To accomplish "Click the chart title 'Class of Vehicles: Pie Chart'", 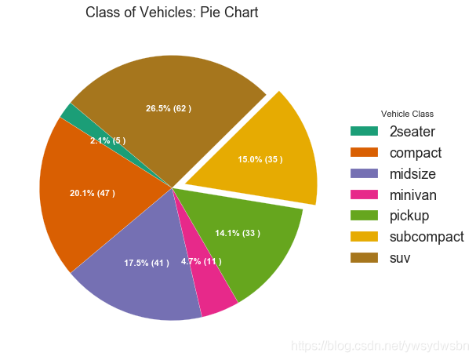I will tap(172, 13).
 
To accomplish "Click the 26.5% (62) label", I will tap(168, 108).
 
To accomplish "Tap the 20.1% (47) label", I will tap(92, 193).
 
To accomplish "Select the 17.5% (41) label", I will tap(146, 263).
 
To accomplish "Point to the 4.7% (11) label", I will tap(201, 261).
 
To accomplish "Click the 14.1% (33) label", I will tap(238, 233).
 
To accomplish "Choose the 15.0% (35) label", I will tap(260, 160).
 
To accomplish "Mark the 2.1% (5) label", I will tap(107, 141).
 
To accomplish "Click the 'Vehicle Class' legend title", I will tap(407, 114).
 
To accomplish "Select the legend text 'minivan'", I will tap(412, 195).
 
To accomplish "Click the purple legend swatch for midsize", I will tap(365, 173).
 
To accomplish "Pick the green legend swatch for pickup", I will tap(365, 215).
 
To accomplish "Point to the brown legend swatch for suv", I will tap(365, 257).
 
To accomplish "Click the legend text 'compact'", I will tap(416, 152).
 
